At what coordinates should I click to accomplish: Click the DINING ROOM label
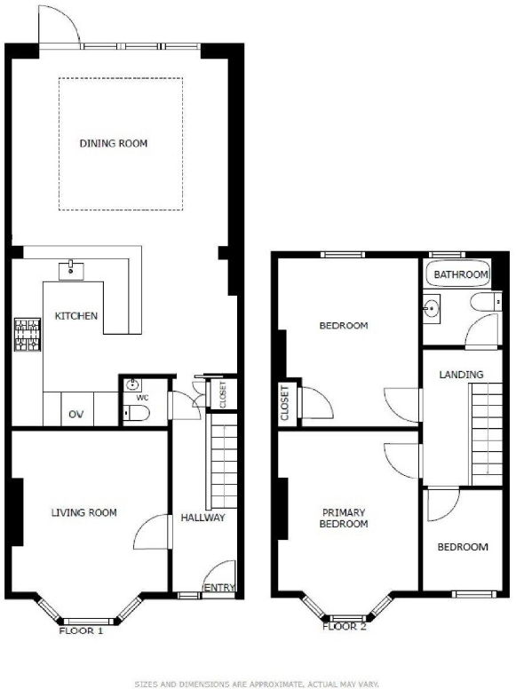click(x=114, y=143)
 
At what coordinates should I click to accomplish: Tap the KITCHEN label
click(x=76, y=316)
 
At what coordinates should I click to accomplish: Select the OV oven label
click(x=76, y=415)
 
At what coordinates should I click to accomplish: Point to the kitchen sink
click(x=71, y=268)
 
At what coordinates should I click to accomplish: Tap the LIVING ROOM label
click(x=83, y=512)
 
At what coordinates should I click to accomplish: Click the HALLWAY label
click(x=202, y=518)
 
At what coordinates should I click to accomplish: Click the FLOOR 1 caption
click(x=82, y=631)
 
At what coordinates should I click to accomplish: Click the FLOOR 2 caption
click(x=344, y=626)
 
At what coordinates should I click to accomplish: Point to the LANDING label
click(x=462, y=375)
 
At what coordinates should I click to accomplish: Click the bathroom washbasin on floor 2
click(x=433, y=307)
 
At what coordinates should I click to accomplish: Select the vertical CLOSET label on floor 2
click(x=285, y=402)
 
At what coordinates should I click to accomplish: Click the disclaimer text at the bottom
click(x=257, y=684)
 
